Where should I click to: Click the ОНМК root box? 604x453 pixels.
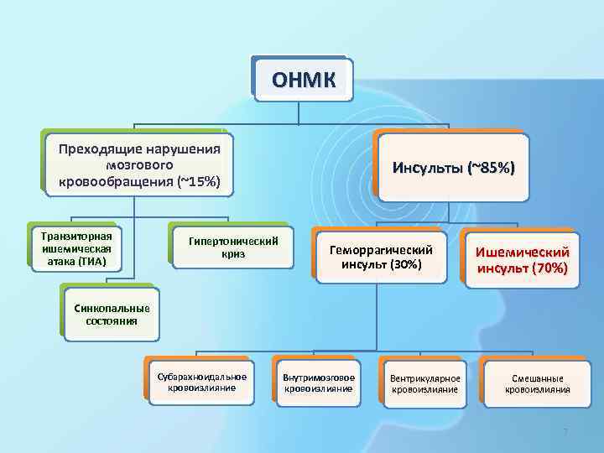click(x=303, y=79)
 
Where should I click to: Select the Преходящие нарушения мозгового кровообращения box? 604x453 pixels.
click(x=139, y=165)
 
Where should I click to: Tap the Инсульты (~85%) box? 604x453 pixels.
click(x=453, y=168)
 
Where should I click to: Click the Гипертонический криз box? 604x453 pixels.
click(x=233, y=247)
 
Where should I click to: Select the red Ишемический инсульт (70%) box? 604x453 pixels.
click(x=522, y=259)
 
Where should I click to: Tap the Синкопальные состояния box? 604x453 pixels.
click(x=112, y=313)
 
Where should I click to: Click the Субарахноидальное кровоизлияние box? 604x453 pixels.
click(x=201, y=382)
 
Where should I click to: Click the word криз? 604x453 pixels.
click(x=233, y=254)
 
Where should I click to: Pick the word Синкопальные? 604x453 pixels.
click(x=112, y=306)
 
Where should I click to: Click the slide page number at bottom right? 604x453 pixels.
click(x=565, y=432)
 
